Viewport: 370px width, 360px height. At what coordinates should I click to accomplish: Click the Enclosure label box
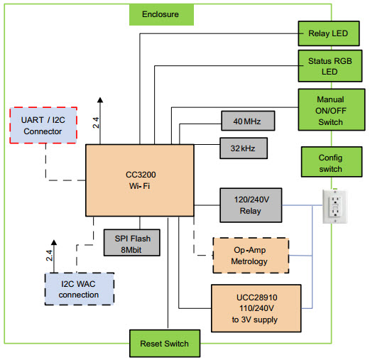[x=160, y=13]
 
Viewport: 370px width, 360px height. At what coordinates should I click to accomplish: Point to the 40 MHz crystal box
[x=247, y=121]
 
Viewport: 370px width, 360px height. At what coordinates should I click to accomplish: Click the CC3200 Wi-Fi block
[x=139, y=180]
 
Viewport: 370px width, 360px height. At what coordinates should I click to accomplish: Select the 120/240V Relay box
[x=251, y=205]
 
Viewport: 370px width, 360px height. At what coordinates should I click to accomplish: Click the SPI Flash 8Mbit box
[x=132, y=243]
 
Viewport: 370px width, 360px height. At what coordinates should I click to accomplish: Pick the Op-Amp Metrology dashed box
[x=251, y=255]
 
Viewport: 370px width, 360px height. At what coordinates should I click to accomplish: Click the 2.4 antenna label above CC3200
[x=95, y=123]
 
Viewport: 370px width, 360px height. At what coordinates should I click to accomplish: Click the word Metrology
[x=251, y=261]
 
